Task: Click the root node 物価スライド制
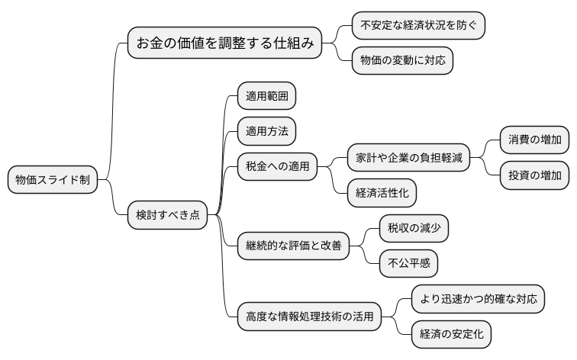(53, 180)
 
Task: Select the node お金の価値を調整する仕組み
(225, 43)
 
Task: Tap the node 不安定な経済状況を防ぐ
(418, 25)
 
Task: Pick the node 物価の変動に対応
(402, 59)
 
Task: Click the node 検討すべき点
(167, 214)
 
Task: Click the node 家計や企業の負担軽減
(408, 159)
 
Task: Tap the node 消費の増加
(534, 140)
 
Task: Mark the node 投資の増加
(534, 175)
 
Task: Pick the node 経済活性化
(382, 193)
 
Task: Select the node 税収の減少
(414, 227)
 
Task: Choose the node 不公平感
(408, 263)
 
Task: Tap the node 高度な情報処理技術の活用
(309, 316)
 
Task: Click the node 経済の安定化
(451, 333)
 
